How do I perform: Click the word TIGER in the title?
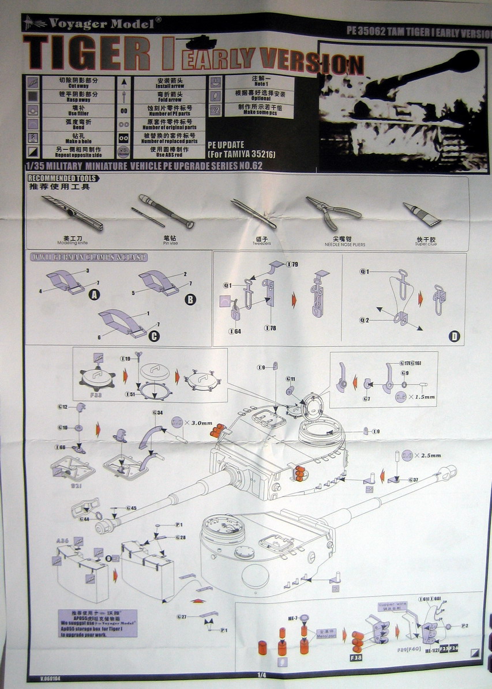pos(87,54)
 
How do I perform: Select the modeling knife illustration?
pos(72,213)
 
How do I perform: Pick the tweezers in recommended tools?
pos(253,213)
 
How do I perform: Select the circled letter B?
pos(190,299)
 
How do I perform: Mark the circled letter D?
pos(454,336)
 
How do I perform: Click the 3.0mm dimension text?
pos(197,423)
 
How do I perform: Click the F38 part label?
pos(355,657)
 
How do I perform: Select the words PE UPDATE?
pos(226,144)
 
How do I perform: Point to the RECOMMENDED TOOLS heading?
pos(62,178)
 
